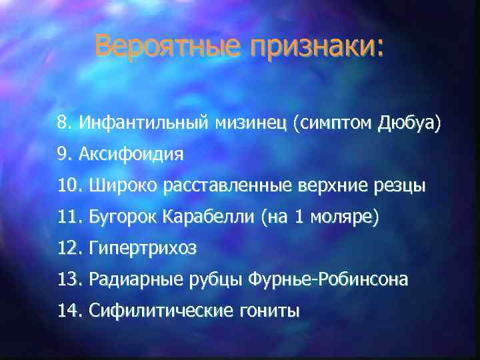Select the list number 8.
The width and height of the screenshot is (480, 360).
(x=64, y=123)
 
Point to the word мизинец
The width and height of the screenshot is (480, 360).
(x=249, y=123)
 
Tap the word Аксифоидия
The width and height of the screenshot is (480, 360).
(x=131, y=155)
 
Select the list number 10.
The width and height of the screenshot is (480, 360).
(x=69, y=186)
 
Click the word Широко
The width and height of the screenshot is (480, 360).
(x=117, y=186)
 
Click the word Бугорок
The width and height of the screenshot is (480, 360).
(x=119, y=217)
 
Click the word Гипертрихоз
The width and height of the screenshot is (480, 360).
(x=142, y=249)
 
